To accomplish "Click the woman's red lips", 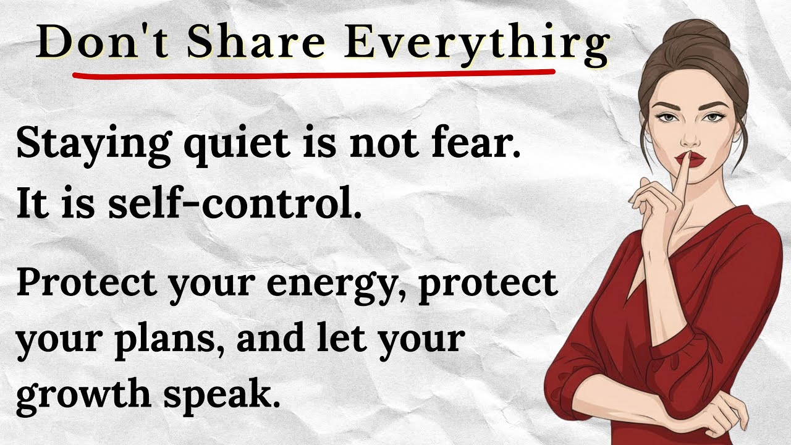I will (692, 159).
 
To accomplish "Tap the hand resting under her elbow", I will (724, 411).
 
